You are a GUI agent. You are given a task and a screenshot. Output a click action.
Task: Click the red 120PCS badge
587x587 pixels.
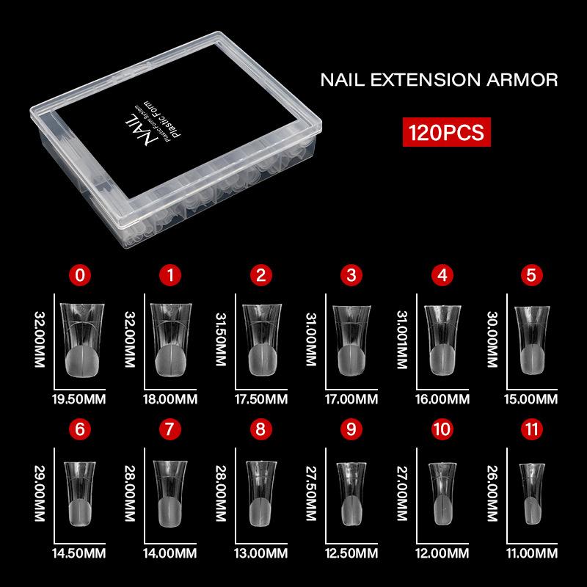click(446, 132)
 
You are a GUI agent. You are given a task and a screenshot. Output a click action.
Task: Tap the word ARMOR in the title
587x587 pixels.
click(522, 80)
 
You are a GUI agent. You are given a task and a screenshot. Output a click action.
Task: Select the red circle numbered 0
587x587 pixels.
click(80, 275)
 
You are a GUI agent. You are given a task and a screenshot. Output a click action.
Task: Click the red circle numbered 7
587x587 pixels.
click(170, 429)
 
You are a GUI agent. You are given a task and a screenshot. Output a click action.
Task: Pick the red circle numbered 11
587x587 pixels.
click(531, 429)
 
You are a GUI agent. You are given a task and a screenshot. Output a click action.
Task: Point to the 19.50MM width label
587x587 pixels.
click(79, 399)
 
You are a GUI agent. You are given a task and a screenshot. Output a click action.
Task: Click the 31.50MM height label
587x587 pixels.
click(221, 339)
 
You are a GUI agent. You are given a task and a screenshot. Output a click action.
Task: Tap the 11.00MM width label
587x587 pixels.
click(531, 553)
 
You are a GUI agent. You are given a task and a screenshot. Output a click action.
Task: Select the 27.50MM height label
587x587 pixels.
click(311, 493)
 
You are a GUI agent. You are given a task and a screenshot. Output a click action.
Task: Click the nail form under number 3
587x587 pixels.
click(351, 340)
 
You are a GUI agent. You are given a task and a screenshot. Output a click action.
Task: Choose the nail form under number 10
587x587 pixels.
click(442, 493)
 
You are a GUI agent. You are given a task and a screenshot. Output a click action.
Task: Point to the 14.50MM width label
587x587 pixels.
click(79, 553)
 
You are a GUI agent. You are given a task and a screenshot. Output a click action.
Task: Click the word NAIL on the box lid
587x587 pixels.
click(139, 130)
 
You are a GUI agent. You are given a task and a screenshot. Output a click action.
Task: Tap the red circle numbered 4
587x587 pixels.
click(442, 275)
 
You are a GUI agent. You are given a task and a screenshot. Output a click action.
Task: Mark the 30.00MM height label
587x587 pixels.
click(492, 339)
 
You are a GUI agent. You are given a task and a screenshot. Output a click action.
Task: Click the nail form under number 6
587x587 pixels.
click(80, 494)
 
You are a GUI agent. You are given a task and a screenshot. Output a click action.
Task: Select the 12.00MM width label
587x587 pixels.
click(442, 553)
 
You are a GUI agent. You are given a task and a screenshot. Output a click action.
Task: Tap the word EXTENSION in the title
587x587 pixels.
click(426, 80)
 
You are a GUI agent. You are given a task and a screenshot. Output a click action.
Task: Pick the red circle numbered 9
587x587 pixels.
click(351, 429)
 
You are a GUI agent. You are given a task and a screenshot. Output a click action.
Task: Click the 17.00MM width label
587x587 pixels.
click(351, 399)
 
